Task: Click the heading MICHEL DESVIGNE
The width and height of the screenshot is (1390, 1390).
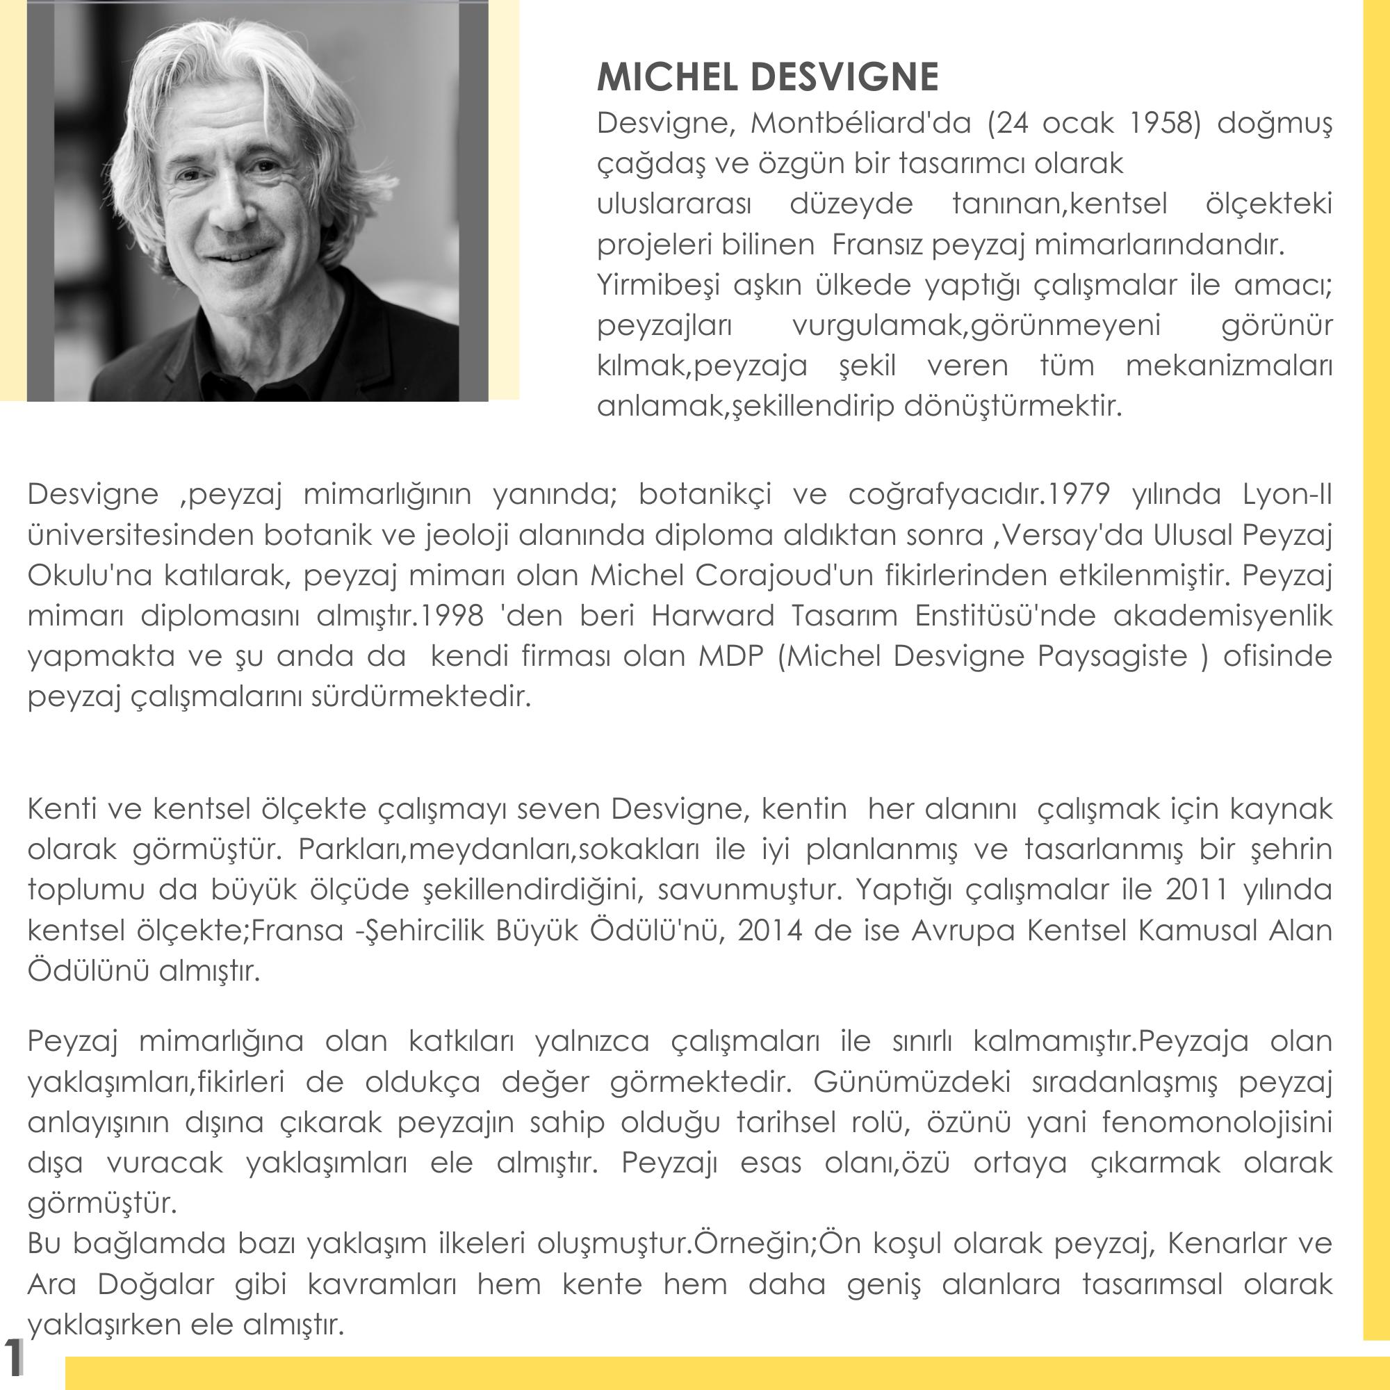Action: click(x=768, y=77)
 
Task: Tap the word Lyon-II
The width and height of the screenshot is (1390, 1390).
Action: click(x=1287, y=495)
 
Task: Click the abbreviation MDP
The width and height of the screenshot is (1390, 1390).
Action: click(x=730, y=656)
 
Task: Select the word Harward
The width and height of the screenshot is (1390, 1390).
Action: click(x=712, y=616)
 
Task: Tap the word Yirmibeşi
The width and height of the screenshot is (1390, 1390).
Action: click(x=657, y=286)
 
